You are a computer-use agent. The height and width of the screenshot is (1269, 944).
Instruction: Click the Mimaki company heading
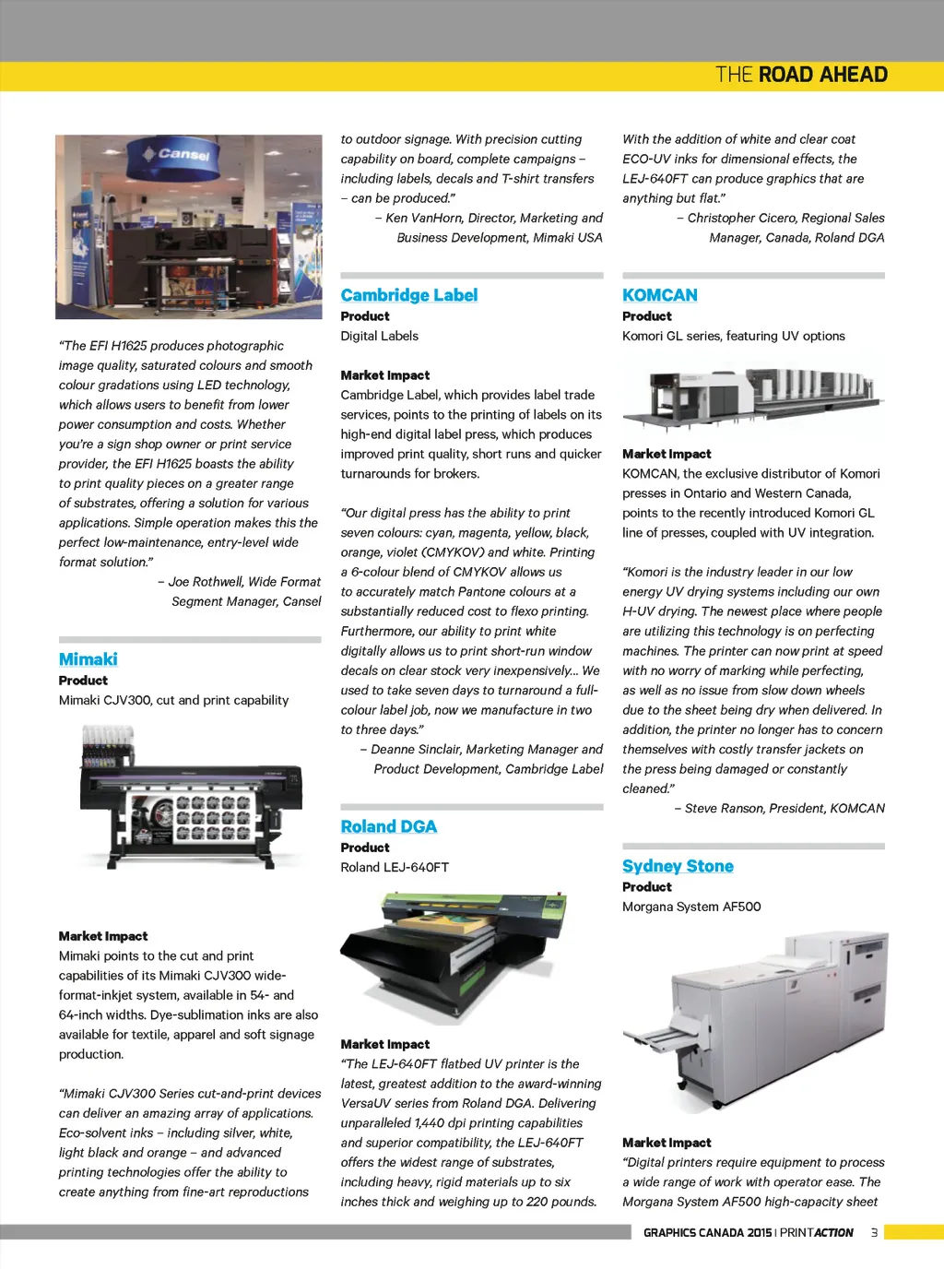click(88, 659)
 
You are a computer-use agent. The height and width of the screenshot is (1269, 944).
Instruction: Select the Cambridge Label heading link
click(409, 295)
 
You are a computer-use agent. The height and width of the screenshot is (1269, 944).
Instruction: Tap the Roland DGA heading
click(389, 826)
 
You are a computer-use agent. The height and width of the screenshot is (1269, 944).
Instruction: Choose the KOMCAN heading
click(660, 295)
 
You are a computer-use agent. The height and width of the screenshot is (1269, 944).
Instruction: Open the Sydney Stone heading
click(678, 866)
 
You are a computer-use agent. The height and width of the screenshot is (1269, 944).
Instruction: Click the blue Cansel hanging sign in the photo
click(182, 154)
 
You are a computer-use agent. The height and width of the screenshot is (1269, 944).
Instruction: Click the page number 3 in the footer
click(874, 1232)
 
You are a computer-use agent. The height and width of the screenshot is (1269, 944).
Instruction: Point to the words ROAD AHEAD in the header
click(823, 75)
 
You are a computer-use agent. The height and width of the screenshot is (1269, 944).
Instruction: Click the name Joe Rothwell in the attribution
click(206, 582)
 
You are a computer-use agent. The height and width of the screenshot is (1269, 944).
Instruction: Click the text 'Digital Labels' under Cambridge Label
click(379, 336)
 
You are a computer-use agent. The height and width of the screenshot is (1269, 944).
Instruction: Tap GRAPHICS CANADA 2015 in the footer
click(707, 1233)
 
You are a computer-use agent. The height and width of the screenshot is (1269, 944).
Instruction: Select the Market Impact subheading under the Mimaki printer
click(103, 936)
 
